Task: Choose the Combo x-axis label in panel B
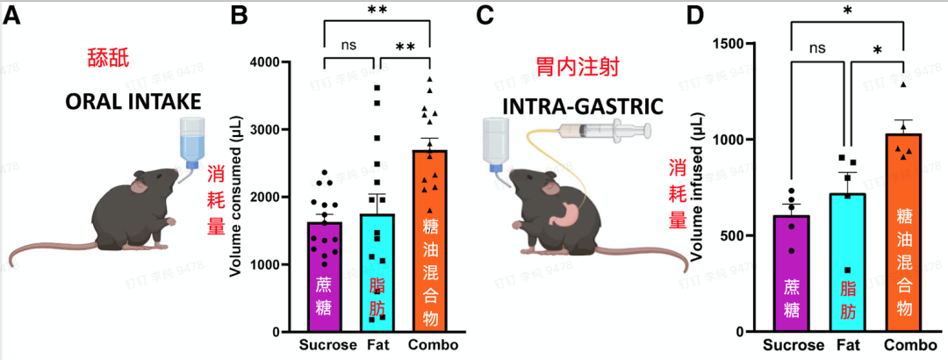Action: (432, 344)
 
